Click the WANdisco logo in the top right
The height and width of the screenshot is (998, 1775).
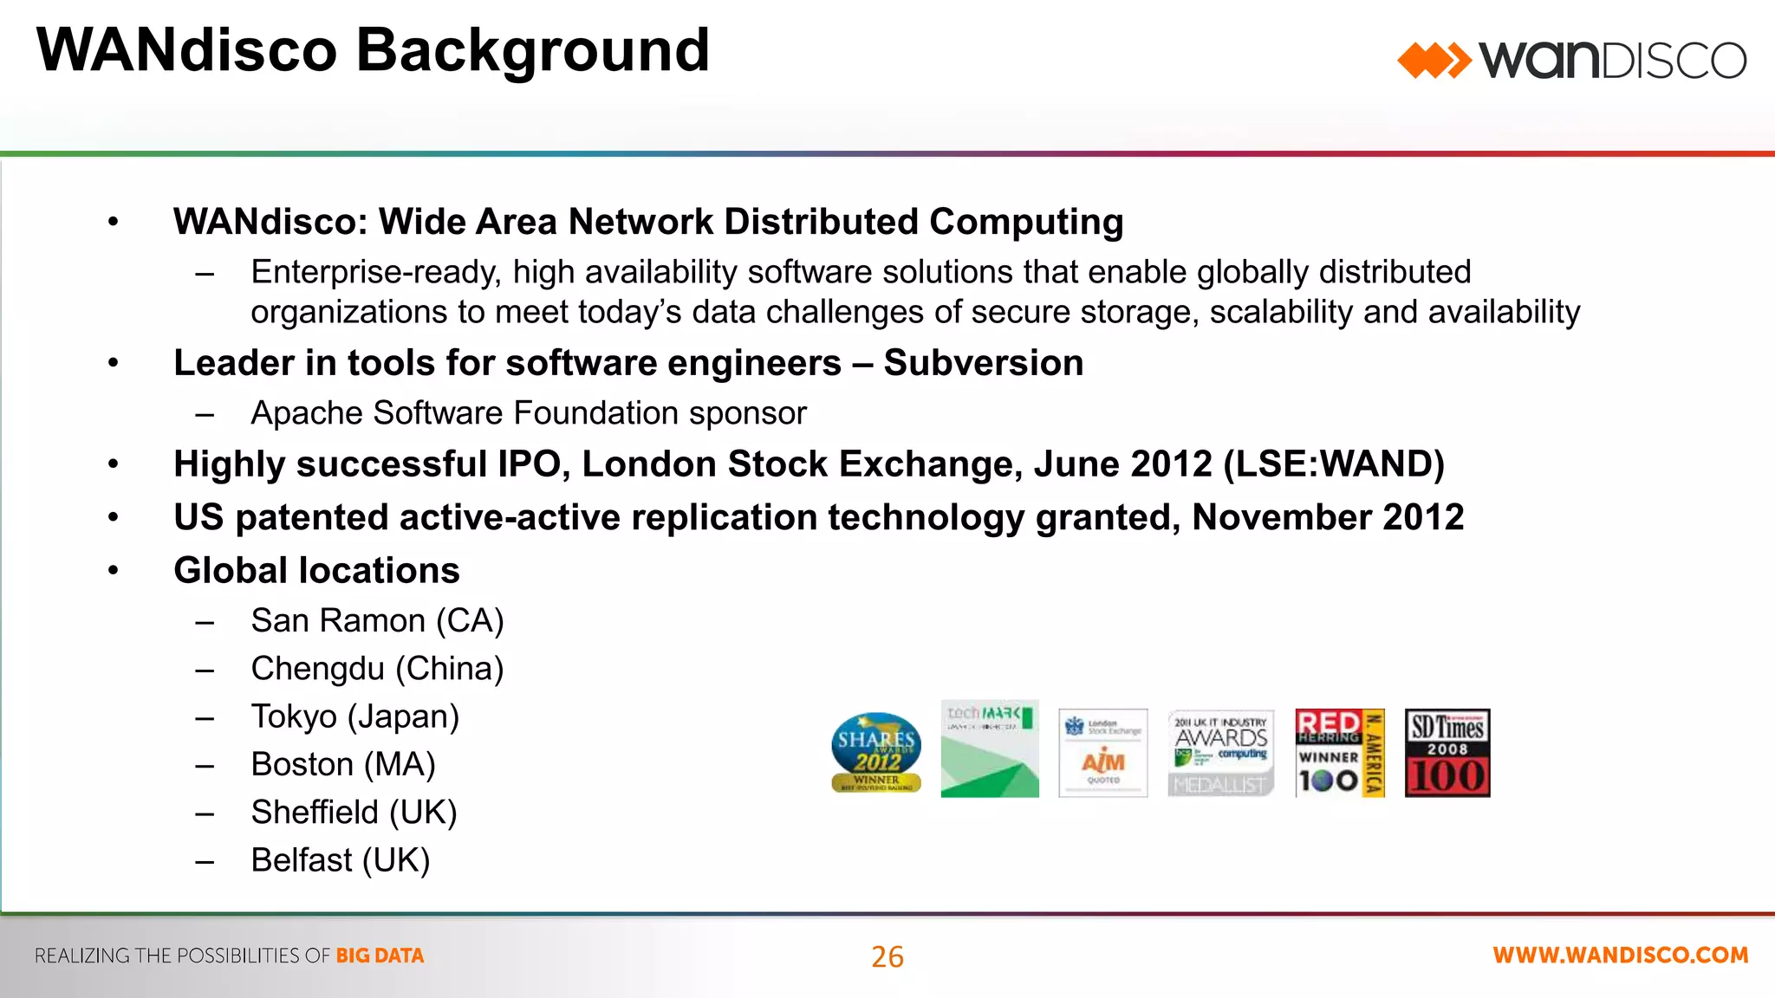click(1571, 61)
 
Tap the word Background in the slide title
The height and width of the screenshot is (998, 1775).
click(532, 50)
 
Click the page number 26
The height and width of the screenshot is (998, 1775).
click(887, 956)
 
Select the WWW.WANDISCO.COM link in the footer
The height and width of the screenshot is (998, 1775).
click(1620, 955)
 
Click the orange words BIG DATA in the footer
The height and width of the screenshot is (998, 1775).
click(380, 956)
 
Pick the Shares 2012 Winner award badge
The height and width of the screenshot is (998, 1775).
click(876, 751)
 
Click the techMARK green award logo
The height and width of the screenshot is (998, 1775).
click(990, 749)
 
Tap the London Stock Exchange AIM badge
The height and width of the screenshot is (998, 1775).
click(1102, 752)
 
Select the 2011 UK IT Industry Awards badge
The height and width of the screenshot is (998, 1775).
click(1220, 752)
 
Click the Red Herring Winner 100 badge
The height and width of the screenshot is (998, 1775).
click(1339, 752)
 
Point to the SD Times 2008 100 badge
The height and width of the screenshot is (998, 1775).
click(1447, 752)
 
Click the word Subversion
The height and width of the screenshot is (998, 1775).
click(983, 363)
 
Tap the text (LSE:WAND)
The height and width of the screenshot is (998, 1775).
click(1333, 464)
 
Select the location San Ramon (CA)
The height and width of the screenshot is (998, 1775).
click(377, 621)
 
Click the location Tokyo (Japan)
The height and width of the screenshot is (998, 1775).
click(354, 717)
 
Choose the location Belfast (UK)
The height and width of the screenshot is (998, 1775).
click(340, 860)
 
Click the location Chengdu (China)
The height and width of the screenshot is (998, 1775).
click(377, 669)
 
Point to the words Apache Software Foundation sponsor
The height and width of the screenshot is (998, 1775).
click(528, 413)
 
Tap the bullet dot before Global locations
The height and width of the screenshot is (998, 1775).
click(113, 570)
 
